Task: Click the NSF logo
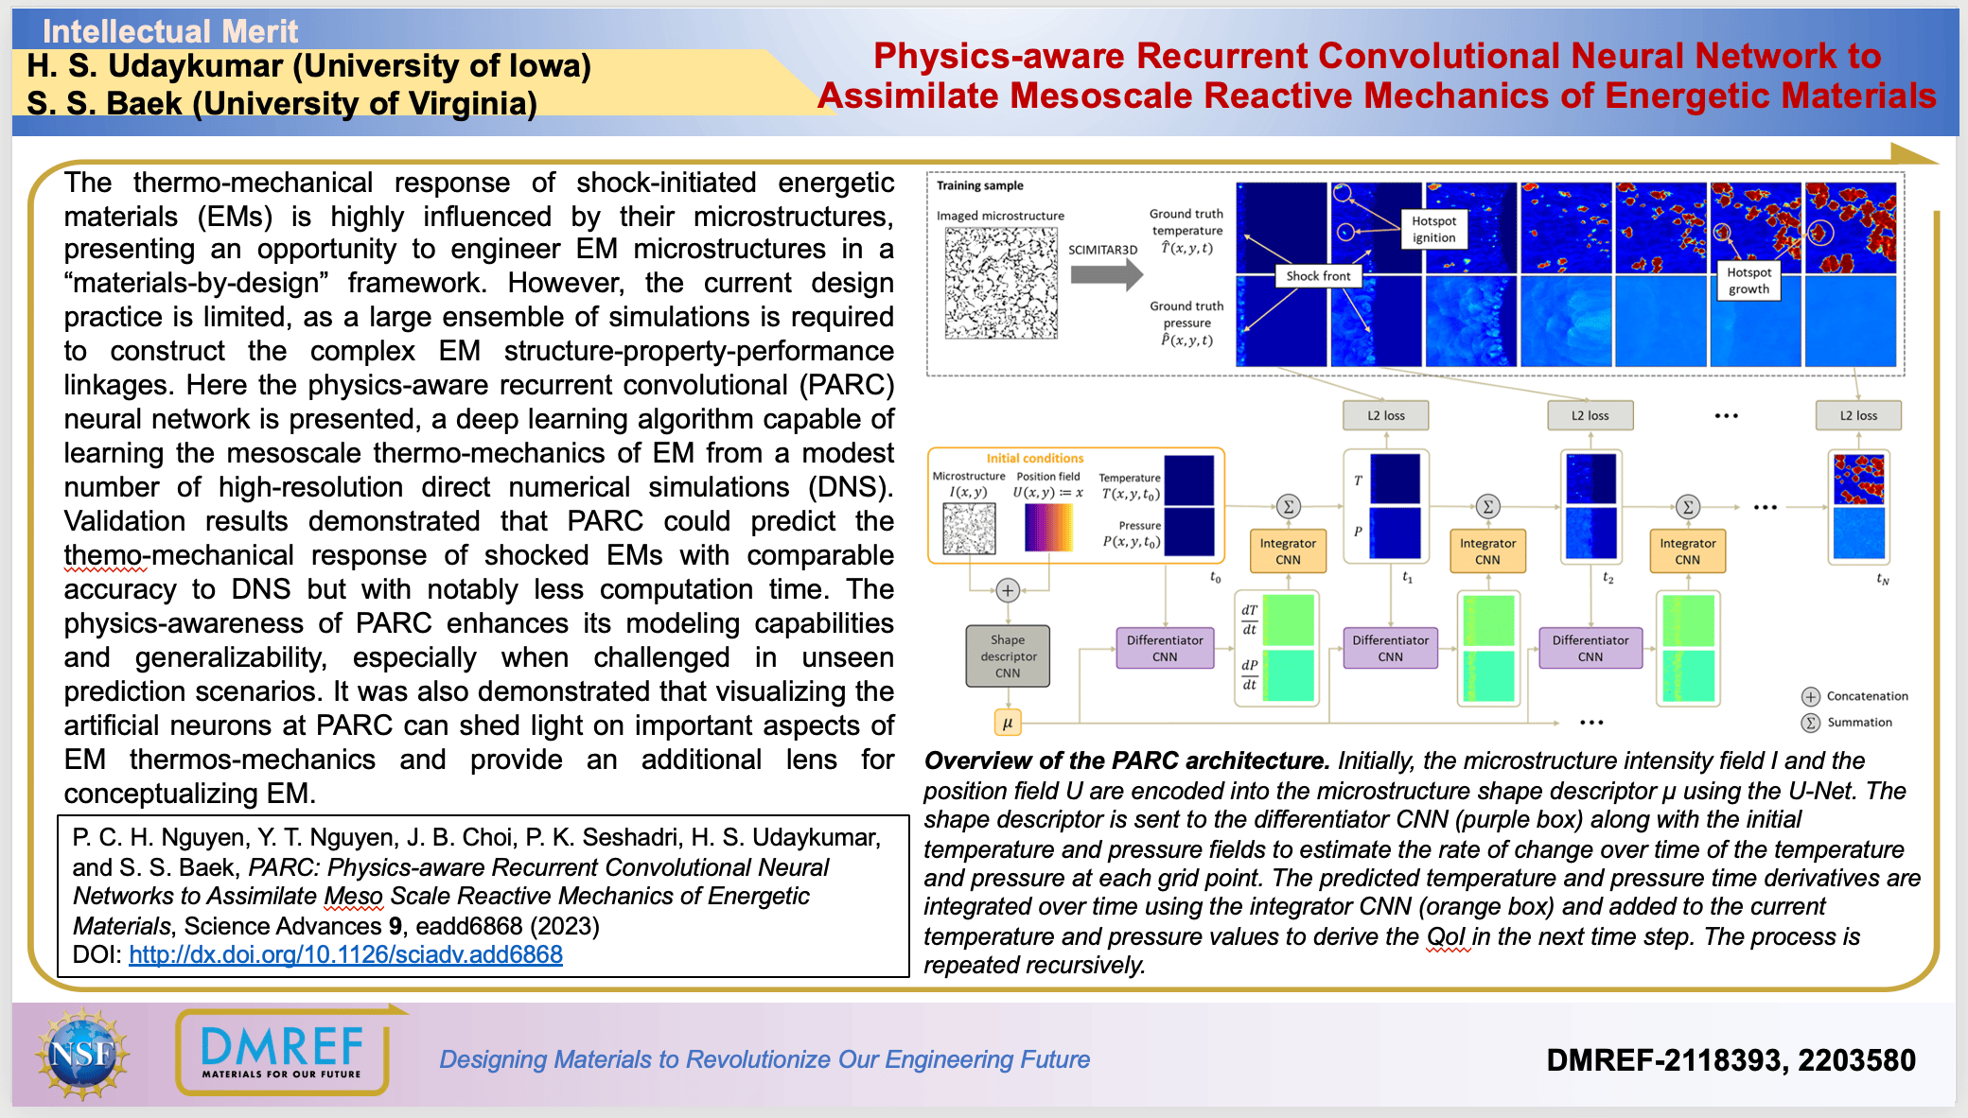[82, 1054]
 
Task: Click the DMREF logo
[282, 1053]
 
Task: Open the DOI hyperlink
[345, 954]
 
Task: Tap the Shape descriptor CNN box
[1008, 656]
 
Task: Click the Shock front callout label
[1318, 276]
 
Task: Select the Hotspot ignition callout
[1433, 229]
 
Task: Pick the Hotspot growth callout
[1748, 281]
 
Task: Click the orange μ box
[1008, 723]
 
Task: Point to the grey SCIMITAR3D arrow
[1106, 274]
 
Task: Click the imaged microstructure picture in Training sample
[1001, 283]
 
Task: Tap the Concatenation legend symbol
[1810, 696]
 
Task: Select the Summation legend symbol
[1810, 723]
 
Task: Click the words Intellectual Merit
[170, 31]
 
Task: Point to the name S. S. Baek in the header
[104, 103]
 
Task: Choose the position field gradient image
[1048, 527]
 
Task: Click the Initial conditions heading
[1035, 458]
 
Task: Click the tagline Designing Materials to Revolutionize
[764, 1059]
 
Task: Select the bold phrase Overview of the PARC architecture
[1126, 760]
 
